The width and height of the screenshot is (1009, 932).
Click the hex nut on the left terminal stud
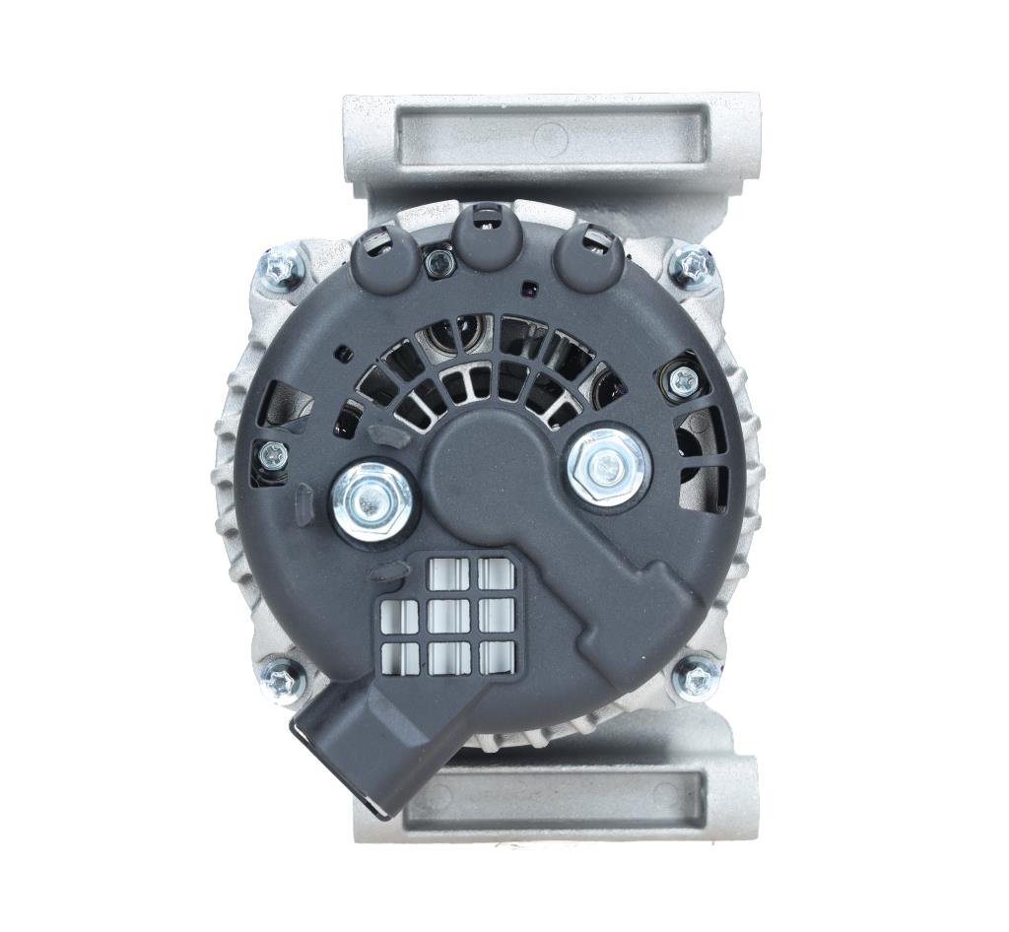pyautogui.click(x=372, y=502)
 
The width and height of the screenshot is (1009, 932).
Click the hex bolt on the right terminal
pyautogui.click(x=608, y=466)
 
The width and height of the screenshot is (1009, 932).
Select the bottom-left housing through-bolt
pyautogui.click(x=284, y=678)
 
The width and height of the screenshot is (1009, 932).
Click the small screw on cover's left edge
pyautogui.click(x=273, y=455)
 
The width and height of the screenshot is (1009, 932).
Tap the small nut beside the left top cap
pyautogui.click(x=438, y=261)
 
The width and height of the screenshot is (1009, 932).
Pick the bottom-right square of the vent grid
pyautogui.click(x=496, y=656)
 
